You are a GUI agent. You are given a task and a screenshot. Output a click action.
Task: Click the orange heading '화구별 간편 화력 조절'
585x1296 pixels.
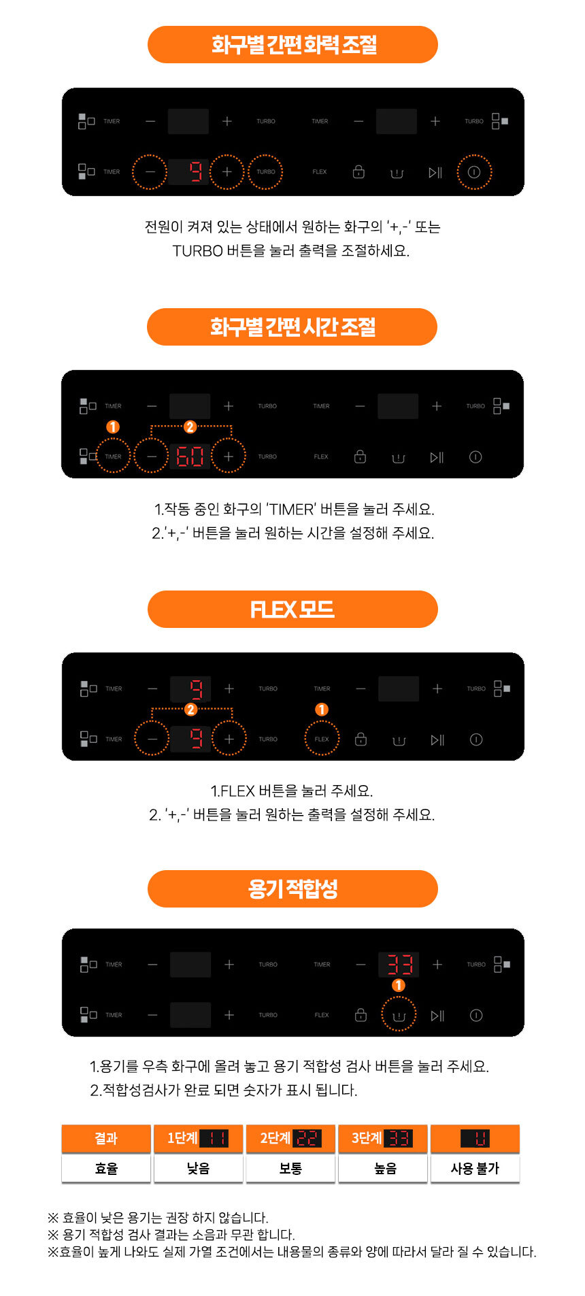[x=292, y=45]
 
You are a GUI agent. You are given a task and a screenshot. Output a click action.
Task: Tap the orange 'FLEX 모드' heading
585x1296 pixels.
[x=292, y=609]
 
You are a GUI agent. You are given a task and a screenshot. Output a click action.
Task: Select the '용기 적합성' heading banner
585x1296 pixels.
[x=292, y=888]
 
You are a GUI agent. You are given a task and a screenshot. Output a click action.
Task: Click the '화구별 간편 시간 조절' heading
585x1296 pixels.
[x=292, y=327]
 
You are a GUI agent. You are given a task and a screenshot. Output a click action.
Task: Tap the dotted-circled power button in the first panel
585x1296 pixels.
[x=474, y=172]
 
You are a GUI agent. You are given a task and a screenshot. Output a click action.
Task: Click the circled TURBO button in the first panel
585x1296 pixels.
[x=266, y=172]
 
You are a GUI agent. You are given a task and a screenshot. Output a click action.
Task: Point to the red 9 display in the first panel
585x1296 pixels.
[x=195, y=172]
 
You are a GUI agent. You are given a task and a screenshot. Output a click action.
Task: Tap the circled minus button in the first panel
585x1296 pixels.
[x=150, y=172]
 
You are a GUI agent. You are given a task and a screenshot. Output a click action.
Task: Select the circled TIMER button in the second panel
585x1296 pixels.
[x=113, y=456]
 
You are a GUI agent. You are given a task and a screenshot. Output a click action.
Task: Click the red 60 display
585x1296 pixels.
[x=190, y=456]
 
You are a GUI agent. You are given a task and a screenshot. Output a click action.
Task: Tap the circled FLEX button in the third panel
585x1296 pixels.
[x=322, y=739]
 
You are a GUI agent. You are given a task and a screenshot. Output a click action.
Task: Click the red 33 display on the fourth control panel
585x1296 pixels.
[x=399, y=964]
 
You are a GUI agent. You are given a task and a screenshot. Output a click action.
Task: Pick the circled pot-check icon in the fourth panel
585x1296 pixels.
[x=399, y=1015]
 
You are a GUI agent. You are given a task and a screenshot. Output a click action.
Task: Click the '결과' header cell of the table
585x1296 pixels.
[x=106, y=1139]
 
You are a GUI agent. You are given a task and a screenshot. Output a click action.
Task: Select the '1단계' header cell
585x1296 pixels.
[x=199, y=1139]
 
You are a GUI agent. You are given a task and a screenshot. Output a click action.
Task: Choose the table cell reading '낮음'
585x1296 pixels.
[x=199, y=1169]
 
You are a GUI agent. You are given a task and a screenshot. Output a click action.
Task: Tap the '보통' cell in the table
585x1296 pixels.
[x=290, y=1169]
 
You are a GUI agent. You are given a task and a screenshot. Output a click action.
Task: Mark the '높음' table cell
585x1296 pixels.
[x=383, y=1169]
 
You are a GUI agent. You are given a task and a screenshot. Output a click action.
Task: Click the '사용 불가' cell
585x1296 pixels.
[x=475, y=1169]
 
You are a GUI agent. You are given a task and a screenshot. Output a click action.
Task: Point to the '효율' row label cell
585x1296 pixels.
[x=106, y=1169]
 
